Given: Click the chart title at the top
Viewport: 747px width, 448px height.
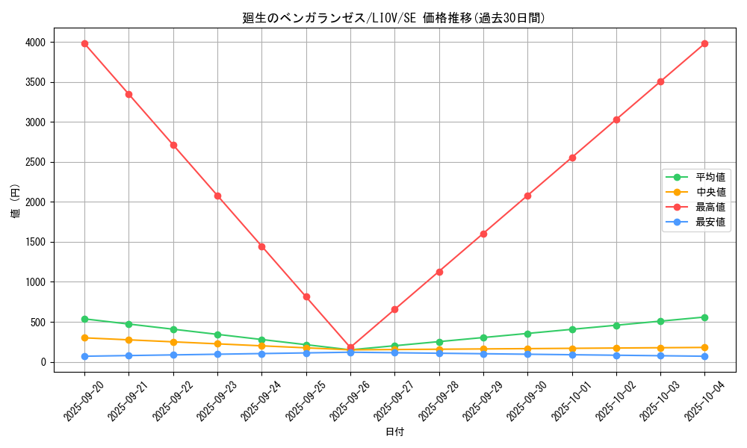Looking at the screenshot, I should tap(394, 18).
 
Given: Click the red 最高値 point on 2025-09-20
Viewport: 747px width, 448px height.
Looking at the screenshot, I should tap(84, 43).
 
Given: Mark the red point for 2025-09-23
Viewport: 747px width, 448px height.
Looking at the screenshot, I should tap(217, 196).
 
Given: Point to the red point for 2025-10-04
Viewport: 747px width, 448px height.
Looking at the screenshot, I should tap(704, 43).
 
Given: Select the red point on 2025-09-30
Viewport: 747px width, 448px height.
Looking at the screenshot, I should tap(527, 196).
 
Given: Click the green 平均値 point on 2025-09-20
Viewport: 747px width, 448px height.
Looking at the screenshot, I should tap(84, 319).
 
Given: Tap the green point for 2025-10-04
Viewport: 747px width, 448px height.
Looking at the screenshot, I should tap(704, 317).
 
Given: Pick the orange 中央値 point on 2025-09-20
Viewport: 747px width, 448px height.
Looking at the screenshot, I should tap(84, 337).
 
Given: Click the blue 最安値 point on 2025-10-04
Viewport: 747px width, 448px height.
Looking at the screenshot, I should tap(704, 356).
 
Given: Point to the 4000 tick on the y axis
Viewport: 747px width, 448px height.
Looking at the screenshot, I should tap(36, 43).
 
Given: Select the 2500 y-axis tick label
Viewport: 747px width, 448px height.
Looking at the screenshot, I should tap(36, 162).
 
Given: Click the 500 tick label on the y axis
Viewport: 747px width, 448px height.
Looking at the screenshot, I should tap(39, 323).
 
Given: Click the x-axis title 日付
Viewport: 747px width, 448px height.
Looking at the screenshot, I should tap(394, 432).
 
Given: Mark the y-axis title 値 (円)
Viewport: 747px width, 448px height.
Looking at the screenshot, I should tap(16, 202).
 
